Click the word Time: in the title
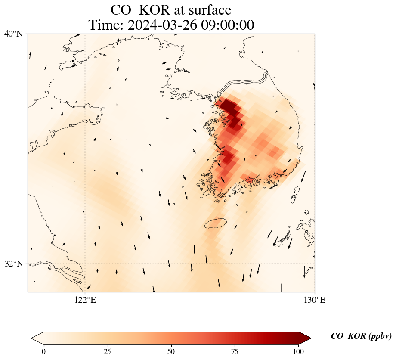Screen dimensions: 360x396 click(105, 25)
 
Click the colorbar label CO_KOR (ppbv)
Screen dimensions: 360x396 click(361, 336)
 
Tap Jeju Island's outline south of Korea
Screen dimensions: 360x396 click(215, 223)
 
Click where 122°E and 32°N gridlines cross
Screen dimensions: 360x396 click(85, 264)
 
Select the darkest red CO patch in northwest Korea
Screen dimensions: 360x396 click(228, 105)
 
